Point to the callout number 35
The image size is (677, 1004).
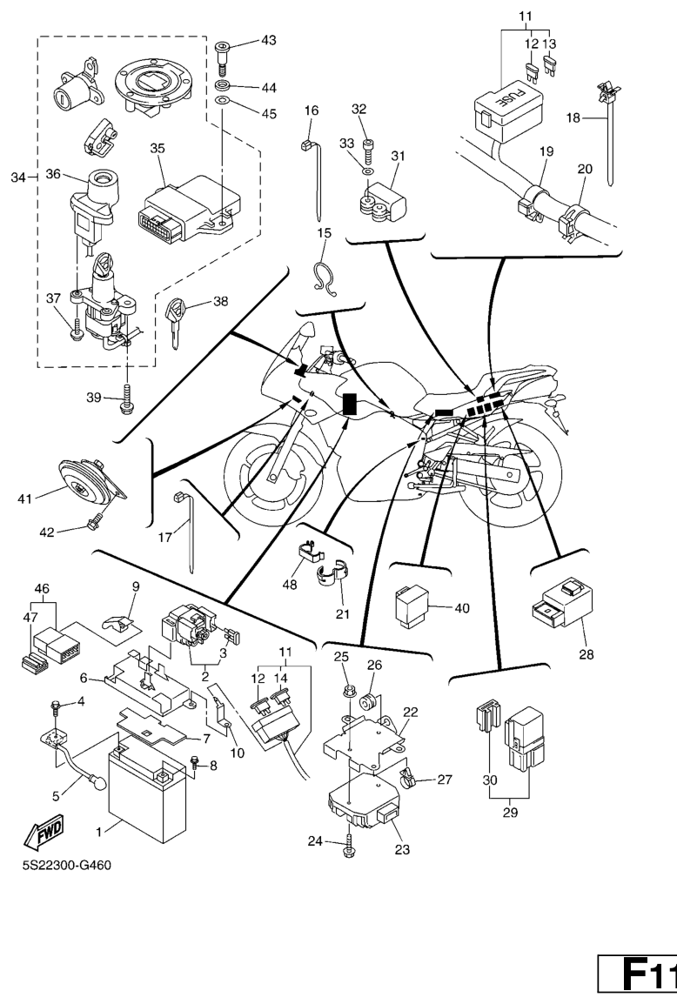tap(158, 149)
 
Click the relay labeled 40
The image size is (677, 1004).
tap(408, 603)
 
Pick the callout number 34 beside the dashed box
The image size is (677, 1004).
tap(16, 178)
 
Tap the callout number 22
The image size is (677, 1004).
tap(410, 712)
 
